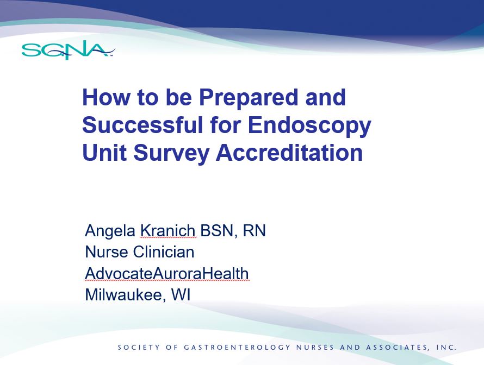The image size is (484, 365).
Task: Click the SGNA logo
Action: point(68,52)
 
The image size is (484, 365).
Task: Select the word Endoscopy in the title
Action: point(309,126)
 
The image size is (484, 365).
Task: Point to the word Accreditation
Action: point(289,153)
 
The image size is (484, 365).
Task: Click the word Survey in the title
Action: point(171,154)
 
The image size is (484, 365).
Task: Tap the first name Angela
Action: point(110,231)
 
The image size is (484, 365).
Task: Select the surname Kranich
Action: point(168,231)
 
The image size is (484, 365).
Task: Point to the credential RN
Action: point(254,231)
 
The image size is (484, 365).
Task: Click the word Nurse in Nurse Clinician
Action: point(106,252)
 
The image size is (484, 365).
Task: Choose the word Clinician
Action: point(164,252)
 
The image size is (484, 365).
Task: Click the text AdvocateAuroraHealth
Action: point(167,273)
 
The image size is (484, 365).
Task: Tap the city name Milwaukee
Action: point(123,295)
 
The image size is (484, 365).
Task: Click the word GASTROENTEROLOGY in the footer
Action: point(237,348)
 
